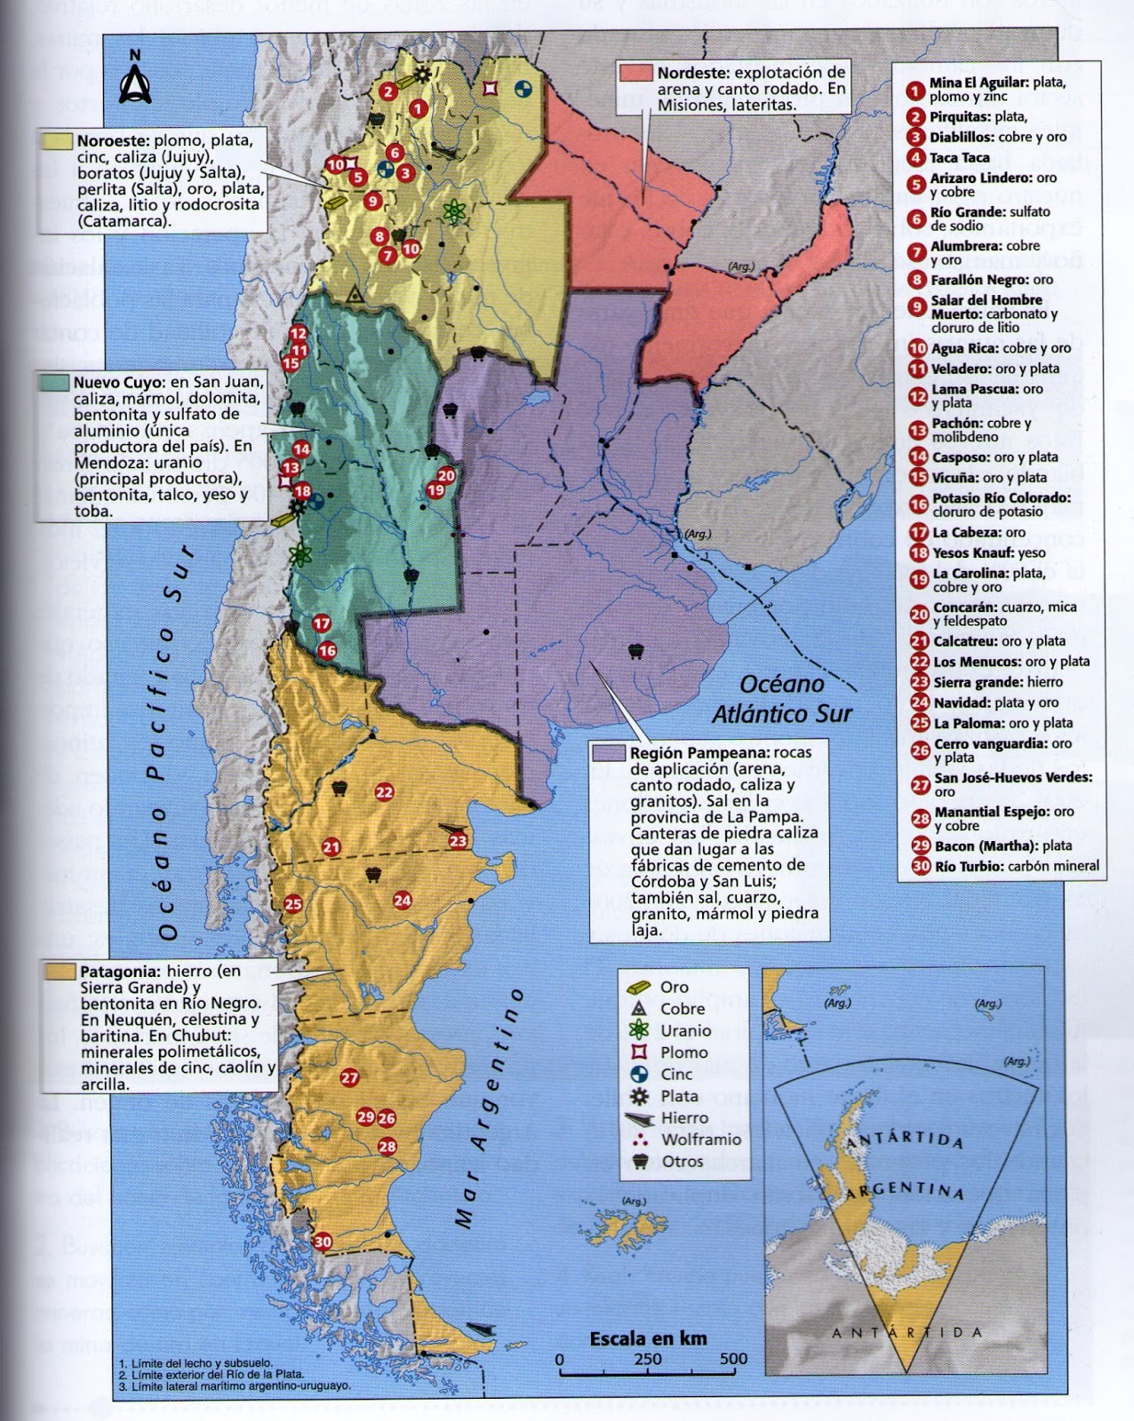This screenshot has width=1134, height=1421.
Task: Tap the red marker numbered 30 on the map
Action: [x=323, y=1242]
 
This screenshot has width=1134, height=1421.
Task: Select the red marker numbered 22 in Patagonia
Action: [x=384, y=792]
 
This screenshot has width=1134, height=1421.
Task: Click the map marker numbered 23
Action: [x=458, y=841]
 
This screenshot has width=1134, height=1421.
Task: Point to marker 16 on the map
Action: [x=327, y=651]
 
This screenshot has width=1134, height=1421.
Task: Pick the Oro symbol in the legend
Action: [x=640, y=987]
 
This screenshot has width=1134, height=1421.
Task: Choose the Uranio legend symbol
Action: [x=639, y=1030]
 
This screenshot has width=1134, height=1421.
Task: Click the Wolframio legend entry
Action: [x=700, y=1139]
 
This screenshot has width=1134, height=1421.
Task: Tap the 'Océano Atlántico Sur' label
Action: [x=782, y=699]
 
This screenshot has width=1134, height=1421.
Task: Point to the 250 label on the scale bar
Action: [x=648, y=1359]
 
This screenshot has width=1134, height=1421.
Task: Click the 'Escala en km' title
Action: [x=648, y=1338]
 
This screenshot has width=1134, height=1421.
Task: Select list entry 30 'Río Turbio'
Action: [x=1016, y=866]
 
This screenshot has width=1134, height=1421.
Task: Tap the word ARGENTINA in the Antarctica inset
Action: [x=905, y=1190]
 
